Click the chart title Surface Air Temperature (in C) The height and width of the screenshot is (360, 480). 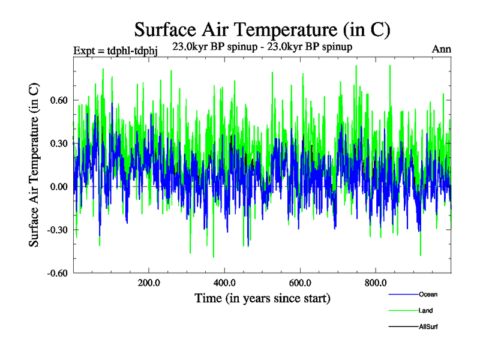[263, 29]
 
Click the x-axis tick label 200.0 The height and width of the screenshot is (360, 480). [148, 284]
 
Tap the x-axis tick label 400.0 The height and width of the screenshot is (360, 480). [224, 284]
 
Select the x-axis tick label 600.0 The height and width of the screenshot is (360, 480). [299, 284]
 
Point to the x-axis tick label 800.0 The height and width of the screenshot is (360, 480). [375, 284]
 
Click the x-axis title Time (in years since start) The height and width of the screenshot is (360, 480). [262, 298]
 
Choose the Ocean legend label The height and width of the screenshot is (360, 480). [428, 295]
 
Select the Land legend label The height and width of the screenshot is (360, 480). [425, 311]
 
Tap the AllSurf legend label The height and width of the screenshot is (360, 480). [428, 327]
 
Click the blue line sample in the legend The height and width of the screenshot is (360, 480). [403, 295]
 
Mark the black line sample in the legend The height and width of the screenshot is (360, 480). [403, 327]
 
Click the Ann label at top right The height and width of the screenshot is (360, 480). [442, 49]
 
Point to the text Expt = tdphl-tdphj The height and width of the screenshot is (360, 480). [115, 50]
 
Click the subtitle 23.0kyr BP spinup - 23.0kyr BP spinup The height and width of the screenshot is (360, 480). [262, 46]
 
